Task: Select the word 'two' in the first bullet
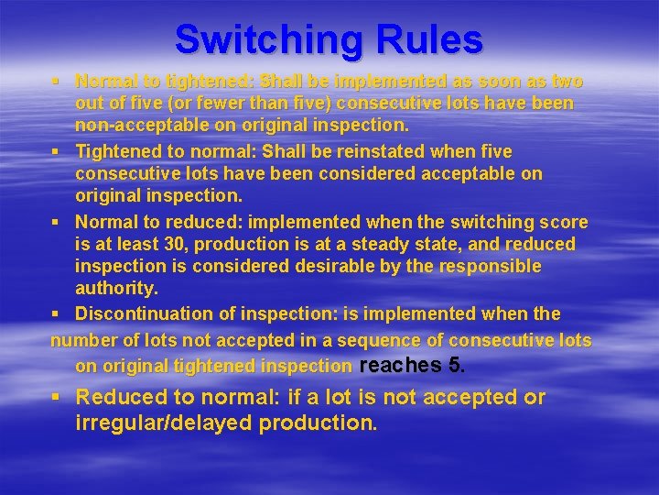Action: (x=567, y=82)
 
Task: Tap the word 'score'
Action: (x=564, y=222)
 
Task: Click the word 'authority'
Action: (x=116, y=289)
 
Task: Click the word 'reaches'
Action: (x=401, y=365)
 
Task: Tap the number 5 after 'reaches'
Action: (x=454, y=365)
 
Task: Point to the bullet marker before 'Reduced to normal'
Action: (x=57, y=398)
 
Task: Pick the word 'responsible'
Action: (x=491, y=267)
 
